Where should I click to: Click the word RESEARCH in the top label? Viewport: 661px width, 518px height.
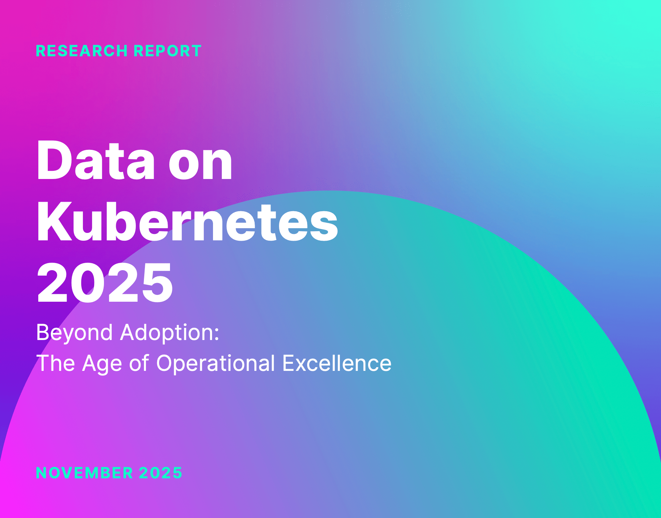pos(82,51)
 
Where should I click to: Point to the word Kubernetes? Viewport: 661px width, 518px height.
pos(187,222)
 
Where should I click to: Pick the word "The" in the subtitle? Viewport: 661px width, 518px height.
pos(56,363)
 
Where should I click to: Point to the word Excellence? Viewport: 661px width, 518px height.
pos(337,363)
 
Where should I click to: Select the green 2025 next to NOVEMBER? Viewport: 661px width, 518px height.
pos(161,473)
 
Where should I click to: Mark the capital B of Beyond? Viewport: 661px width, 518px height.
pos(43,332)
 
